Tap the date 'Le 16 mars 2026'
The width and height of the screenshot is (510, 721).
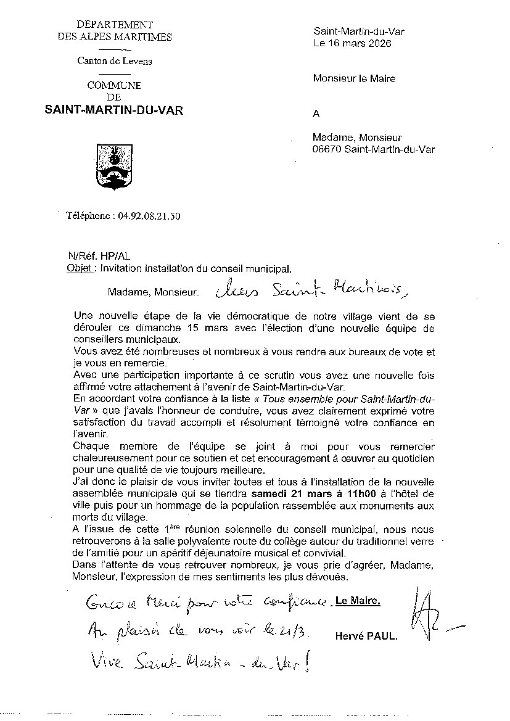click(x=352, y=43)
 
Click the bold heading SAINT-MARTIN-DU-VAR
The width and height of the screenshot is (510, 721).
click(x=114, y=110)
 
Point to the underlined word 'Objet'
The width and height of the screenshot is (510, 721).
click(x=80, y=268)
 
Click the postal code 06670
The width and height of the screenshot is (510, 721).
click(x=327, y=149)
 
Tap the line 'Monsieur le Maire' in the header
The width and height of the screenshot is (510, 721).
click(x=354, y=78)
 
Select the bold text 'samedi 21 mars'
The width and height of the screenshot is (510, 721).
click(x=282, y=493)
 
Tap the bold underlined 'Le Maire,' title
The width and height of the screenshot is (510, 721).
click(x=358, y=601)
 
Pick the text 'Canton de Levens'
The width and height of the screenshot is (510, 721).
click(x=115, y=61)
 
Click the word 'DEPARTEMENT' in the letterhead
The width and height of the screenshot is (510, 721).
click(x=115, y=25)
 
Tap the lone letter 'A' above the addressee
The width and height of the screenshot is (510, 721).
click(x=317, y=113)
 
